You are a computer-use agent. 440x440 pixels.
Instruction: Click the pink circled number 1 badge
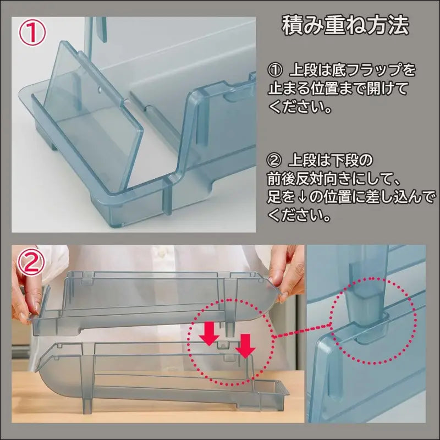point(32,34)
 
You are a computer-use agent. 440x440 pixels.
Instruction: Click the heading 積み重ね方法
point(345,26)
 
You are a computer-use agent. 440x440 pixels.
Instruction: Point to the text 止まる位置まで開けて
point(338,89)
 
